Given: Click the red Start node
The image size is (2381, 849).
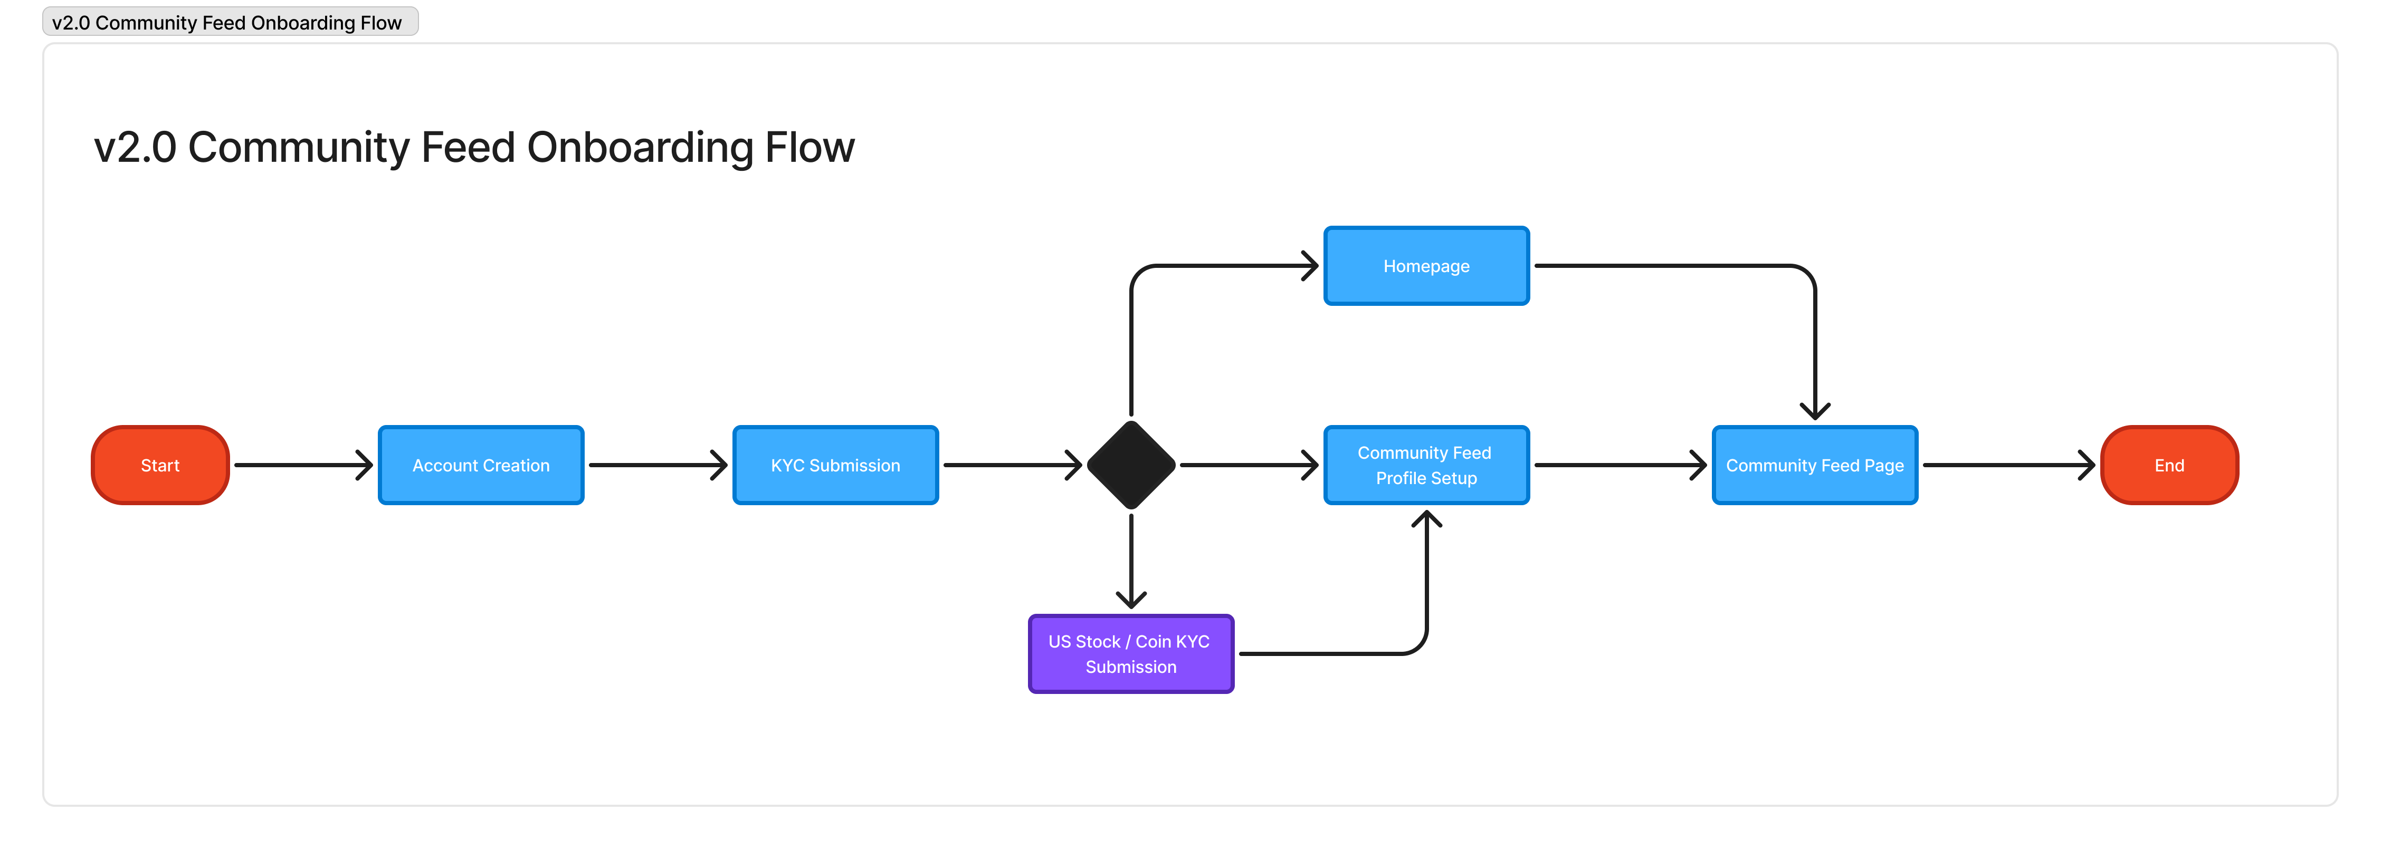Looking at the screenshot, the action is coord(160,465).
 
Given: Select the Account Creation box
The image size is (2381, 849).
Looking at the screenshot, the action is coord(481,465).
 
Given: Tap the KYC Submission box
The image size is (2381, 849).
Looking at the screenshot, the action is coord(835,465).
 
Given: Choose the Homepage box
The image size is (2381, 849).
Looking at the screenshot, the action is coord(1426,265).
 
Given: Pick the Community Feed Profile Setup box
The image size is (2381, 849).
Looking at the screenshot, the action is coord(1426,465).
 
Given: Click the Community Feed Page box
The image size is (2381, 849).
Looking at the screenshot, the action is coord(1814,465).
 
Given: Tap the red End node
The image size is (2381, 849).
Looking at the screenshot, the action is coord(2169,465).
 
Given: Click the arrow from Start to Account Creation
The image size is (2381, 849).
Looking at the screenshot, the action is coord(303,465).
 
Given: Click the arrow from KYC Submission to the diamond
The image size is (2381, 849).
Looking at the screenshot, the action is coord(1012,465).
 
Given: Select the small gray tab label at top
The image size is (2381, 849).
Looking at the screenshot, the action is coord(230,21).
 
